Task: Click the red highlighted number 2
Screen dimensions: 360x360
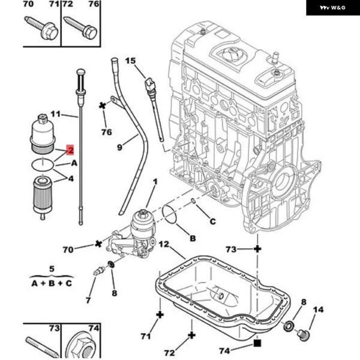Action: click(71, 150)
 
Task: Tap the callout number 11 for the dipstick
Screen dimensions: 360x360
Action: click(56, 113)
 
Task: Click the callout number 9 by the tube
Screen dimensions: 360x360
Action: click(119, 146)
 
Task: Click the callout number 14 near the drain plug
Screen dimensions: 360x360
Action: click(318, 310)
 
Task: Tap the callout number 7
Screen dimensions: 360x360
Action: click(88, 299)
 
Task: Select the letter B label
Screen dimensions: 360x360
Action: click(193, 238)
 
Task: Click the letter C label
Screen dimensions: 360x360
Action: click(212, 221)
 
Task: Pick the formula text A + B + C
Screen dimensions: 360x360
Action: click(52, 283)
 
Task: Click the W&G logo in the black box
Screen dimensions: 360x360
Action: click(333, 7)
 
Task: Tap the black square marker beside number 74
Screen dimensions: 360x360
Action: click(257, 343)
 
